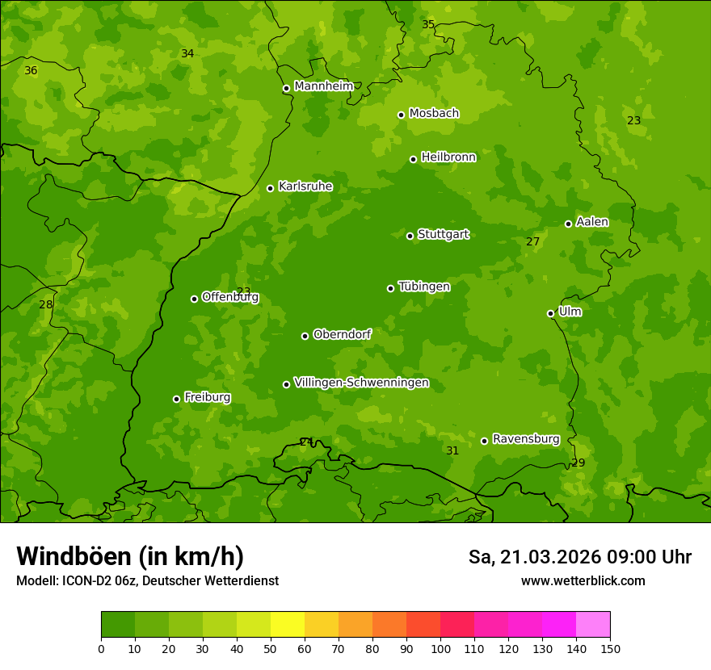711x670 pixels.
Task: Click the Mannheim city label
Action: point(323,86)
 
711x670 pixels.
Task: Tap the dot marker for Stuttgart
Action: point(410,236)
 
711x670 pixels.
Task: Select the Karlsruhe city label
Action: point(305,186)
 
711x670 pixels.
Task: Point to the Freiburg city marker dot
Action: point(176,399)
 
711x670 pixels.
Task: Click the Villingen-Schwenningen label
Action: point(361,383)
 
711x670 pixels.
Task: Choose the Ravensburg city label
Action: point(525,439)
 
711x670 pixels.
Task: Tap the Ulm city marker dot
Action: point(550,313)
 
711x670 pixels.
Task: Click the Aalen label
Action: point(592,222)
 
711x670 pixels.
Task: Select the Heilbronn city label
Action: point(448,157)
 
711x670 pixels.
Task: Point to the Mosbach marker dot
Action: point(401,115)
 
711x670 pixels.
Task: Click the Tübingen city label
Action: point(423,287)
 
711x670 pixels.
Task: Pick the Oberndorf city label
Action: point(342,334)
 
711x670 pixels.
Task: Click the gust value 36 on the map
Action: point(31,71)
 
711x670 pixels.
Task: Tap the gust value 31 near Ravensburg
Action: point(452,451)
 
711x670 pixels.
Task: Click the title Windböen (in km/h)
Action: point(130,556)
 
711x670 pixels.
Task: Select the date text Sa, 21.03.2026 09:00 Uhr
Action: point(579,557)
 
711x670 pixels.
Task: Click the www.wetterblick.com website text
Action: point(583,581)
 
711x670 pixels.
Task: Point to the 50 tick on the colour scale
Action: point(271,648)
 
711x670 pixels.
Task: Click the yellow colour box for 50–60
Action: point(288,625)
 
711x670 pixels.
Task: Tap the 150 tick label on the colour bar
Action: point(610,648)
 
